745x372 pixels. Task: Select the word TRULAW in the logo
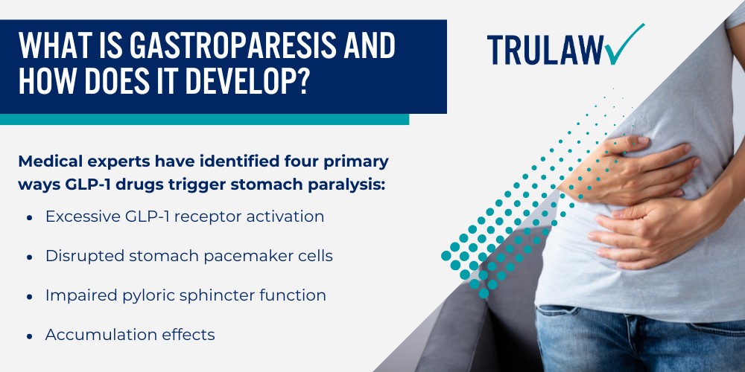click(x=545, y=49)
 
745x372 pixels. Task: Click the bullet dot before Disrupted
click(x=30, y=257)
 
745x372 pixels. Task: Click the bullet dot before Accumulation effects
click(x=30, y=336)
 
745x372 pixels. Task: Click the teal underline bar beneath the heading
click(x=204, y=119)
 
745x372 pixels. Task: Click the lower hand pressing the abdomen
click(x=651, y=232)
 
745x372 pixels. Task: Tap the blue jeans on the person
click(x=640, y=339)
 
